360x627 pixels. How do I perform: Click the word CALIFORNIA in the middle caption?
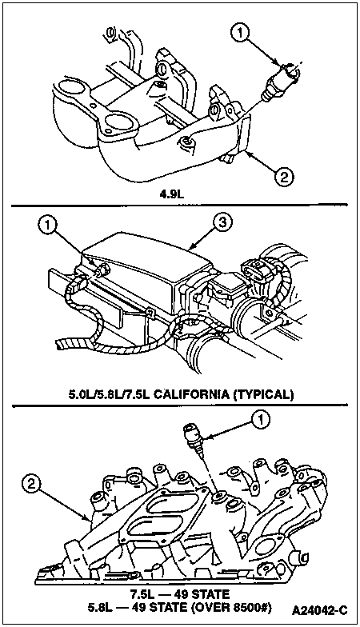(190, 395)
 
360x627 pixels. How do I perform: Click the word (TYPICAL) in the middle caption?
(262, 395)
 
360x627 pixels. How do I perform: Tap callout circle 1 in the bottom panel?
(261, 420)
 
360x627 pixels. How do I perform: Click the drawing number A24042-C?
(320, 611)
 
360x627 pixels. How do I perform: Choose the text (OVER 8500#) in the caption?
(232, 608)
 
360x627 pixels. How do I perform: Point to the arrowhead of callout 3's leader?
(192, 248)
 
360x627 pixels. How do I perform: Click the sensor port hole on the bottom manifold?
(218, 497)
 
